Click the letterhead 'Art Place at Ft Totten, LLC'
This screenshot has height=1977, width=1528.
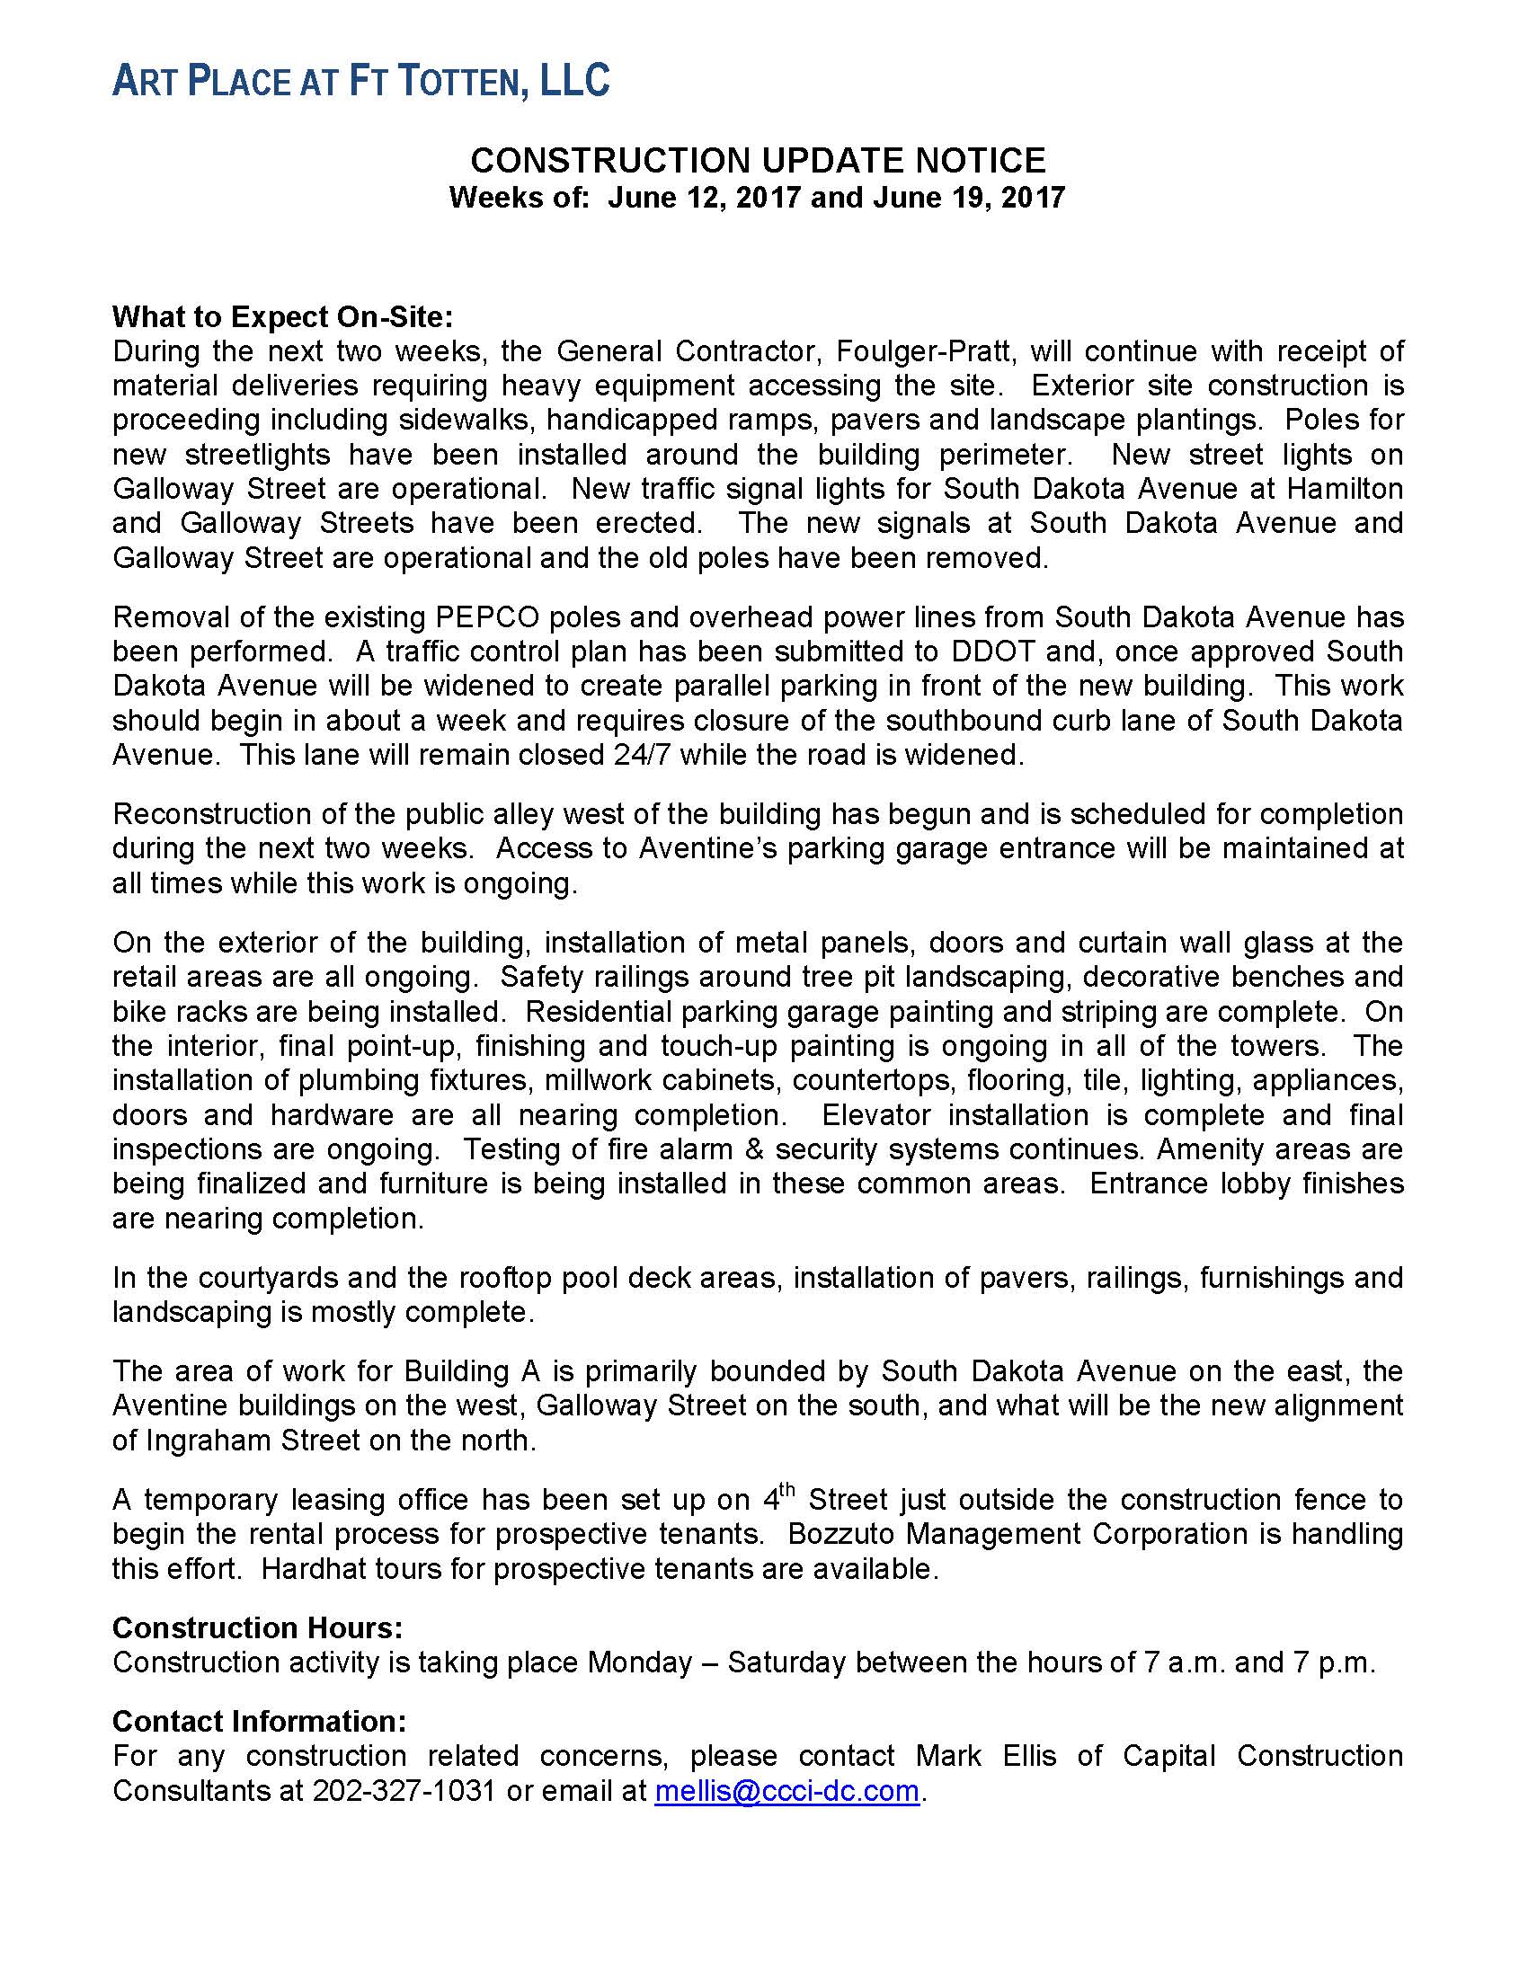click(x=360, y=82)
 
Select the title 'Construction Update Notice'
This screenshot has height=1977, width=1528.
click(x=758, y=161)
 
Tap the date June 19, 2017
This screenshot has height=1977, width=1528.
click(x=969, y=198)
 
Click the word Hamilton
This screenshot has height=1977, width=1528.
click(x=1345, y=489)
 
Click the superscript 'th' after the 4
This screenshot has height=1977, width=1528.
click(x=787, y=1489)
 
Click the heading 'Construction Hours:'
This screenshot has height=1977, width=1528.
click(x=257, y=1628)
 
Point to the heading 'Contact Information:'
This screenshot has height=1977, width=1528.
click(x=259, y=1721)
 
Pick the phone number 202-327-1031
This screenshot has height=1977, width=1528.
click(x=404, y=1790)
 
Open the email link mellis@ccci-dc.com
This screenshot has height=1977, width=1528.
click(x=786, y=1790)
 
